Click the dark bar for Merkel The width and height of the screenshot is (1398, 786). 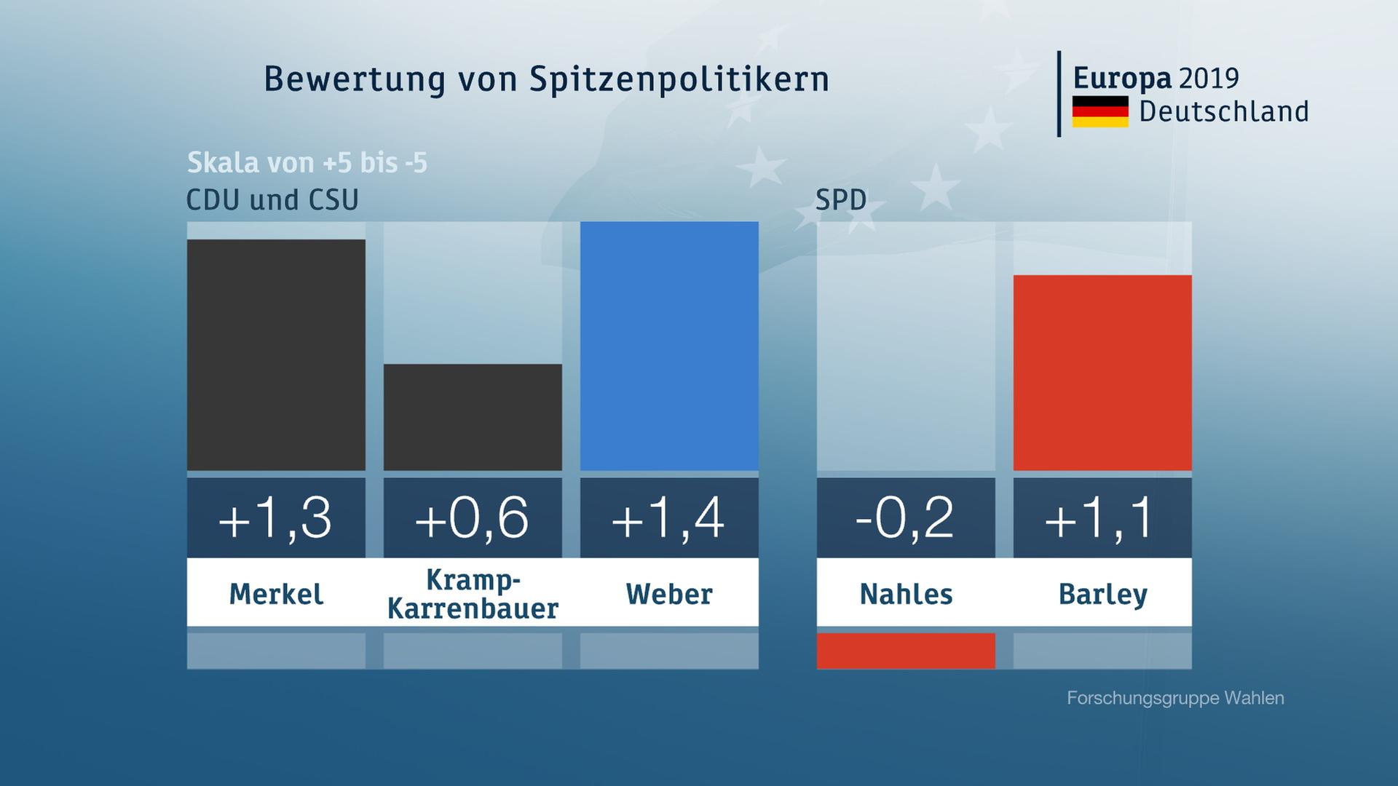pyautogui.click(x=276, y=354)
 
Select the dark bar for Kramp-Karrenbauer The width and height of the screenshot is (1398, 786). pyautogui.click(x=473, y=417)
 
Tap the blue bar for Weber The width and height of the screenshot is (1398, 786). pyautogui.click(x=669, y=346)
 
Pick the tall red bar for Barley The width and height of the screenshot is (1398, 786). pyautogui.click(x=1102, y=373)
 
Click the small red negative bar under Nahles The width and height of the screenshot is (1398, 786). pyautogui.click(x=906, y=651)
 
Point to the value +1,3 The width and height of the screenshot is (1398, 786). pyautogui.click(x=276, y=518)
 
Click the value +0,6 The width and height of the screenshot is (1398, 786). pyautogui.click(x=473, y=518)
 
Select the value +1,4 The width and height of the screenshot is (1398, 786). pyautogui.click(x=669, y=518)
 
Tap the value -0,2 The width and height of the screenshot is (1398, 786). pyautogui.click(x=906, y=518)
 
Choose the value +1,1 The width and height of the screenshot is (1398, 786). pyautogui.click(x=1102, y=518)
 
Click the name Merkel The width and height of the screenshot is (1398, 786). pyautogui.click(x=276, y=594)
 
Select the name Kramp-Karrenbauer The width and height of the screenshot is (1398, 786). pyautogui.click(x=473, y=594)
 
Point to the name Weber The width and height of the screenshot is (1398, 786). pyautogui.click(x=669, y=594)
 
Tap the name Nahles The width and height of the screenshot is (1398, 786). pyautogui.click(x=906, y=594)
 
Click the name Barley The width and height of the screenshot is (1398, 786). pyautogui.click(x=1102, y=594)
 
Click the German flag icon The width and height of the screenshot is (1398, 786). pyautogui.click(x=1100, y=111)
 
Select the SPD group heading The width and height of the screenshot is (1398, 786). pyautogui.click(x=841, y=200)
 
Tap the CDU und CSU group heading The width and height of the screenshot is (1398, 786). pyautogui.click(x=272, y=200)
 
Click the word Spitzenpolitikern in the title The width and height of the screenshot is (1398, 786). pyautogui.click(x=679, y=79)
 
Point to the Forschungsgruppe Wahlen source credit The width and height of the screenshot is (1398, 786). pyautogui.click(x=1175, y=698)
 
